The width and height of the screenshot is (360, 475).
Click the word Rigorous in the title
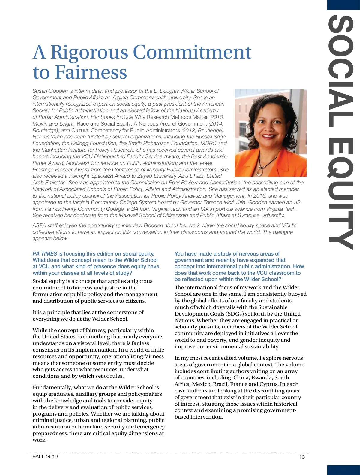89,53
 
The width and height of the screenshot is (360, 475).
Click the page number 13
302,457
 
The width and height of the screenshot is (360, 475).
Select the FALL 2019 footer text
45,456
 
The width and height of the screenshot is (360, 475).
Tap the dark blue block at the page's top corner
343,5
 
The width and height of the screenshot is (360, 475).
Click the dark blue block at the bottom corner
343,470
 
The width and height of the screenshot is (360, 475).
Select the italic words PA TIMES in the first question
45,254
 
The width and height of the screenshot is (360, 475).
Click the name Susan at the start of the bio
40,91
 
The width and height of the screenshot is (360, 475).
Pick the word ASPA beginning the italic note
39,225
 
